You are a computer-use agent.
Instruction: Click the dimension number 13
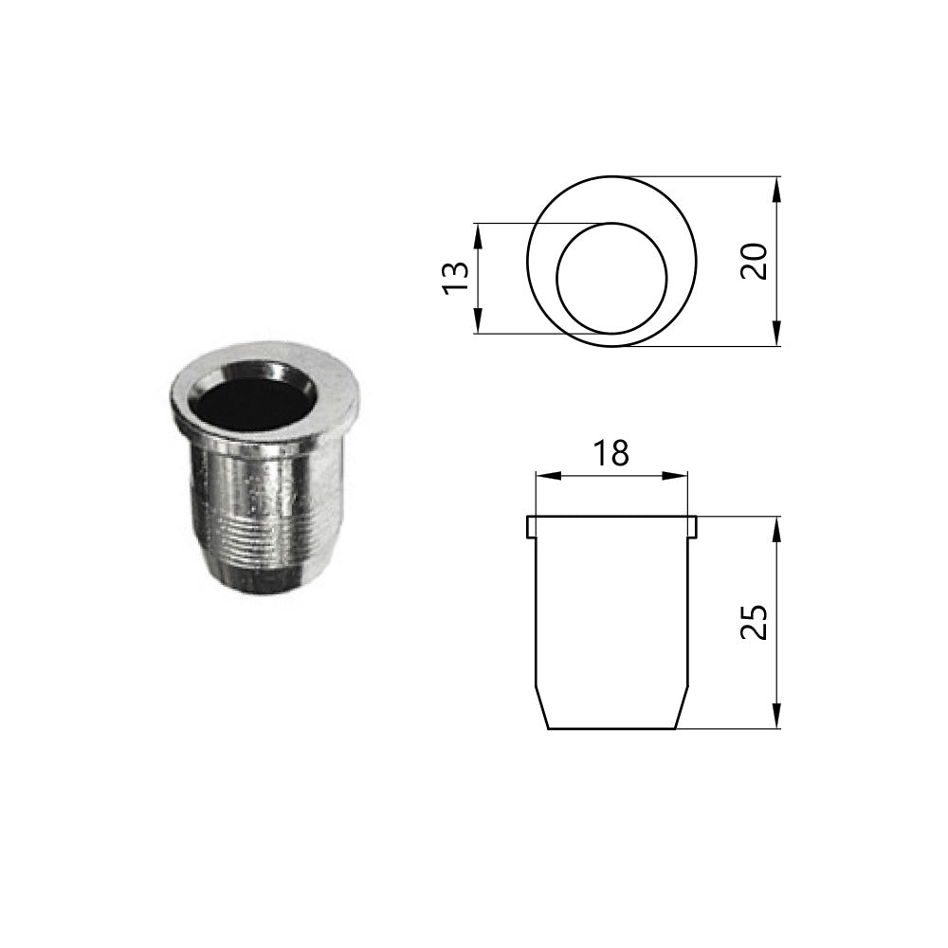point(457,278)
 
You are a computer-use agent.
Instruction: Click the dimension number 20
point(754,261)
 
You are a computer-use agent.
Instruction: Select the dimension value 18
point(611,453)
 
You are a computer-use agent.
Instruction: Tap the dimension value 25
point(754,622)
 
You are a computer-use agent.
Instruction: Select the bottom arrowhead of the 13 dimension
point(478,320)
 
